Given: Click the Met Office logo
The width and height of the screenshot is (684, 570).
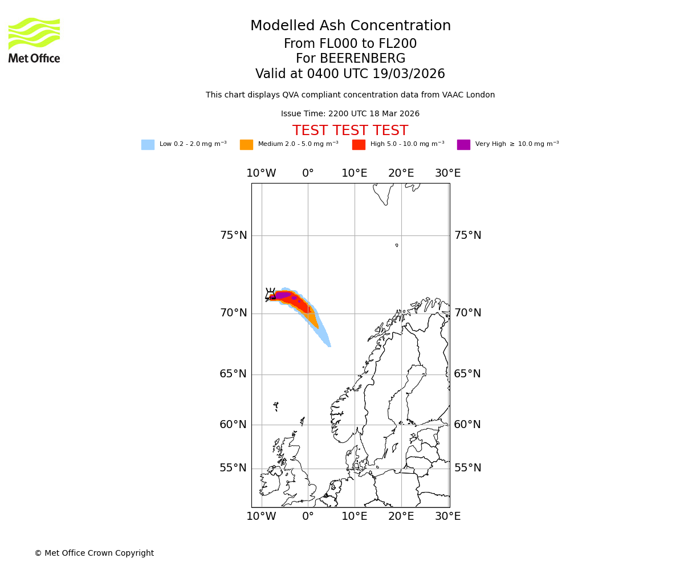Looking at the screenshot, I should [x=34, y=40].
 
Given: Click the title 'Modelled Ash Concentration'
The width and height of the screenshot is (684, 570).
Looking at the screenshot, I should [x=351, y=26].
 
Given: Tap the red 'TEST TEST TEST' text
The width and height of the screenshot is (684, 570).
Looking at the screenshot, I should [x=350, y=131].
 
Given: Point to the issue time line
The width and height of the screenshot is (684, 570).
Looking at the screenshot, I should [x=350, y=114].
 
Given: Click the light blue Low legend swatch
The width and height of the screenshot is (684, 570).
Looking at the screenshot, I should [x=148, y=145].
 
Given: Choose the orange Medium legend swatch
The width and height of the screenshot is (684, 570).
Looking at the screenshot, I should [x=246, y=145].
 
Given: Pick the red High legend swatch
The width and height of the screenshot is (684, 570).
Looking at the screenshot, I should [x=359, y=145].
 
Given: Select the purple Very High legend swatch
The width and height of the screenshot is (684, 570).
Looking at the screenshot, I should [x=463, y=145].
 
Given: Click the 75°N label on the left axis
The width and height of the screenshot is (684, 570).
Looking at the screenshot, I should [x=234, y=235].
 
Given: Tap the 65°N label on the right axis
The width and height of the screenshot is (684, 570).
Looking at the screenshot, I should [x=467, y=374].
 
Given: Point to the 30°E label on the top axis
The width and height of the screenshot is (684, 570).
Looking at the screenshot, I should [x=447, y=173].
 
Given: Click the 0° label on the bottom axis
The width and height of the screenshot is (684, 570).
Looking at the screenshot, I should [x=308, y=516].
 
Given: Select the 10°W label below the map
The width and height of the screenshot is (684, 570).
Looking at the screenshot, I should [x=261, y=516].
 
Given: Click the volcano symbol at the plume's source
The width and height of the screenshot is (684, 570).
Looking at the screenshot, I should [x=270, y=294].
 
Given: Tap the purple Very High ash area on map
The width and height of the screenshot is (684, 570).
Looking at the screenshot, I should [x=283, y=295].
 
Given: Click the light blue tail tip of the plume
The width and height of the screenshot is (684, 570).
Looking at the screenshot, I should [x=328, y=344].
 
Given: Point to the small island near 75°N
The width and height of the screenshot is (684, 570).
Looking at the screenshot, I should [x=397, y=245].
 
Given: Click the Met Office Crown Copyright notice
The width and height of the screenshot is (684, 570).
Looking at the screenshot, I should [x=94, y=553].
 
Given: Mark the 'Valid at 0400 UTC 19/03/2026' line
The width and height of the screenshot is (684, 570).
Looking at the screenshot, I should [x=350, y=74].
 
